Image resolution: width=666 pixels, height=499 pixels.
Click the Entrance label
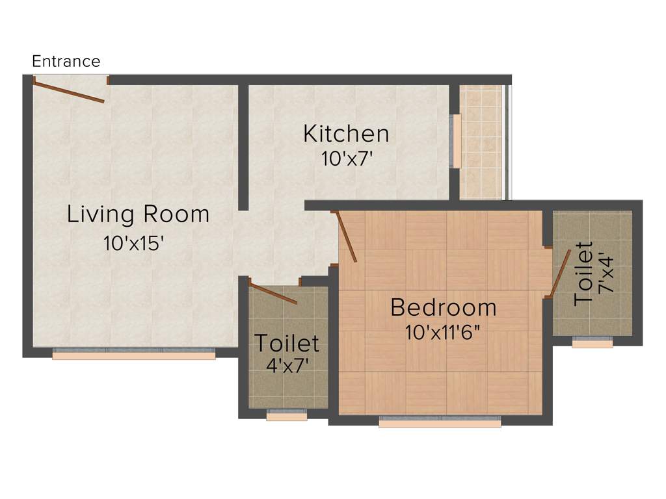point(66,62)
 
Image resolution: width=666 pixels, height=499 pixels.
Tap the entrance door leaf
point(69,91)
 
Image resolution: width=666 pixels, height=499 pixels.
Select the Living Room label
point(138,214)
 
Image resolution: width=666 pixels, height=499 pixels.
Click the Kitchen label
point(346,134)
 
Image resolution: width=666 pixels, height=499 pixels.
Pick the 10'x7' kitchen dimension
point(347,159)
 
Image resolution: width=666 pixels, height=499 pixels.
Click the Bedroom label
point(443,307)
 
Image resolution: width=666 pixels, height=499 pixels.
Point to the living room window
point(133,355)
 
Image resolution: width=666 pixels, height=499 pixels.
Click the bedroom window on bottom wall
point(440,422)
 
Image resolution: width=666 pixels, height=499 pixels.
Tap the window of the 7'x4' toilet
point(592,342)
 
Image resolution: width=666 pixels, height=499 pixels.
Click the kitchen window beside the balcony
point(457,141)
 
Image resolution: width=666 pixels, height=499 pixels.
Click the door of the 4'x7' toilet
point(273,294)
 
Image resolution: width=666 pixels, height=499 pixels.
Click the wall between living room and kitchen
point(243,146)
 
